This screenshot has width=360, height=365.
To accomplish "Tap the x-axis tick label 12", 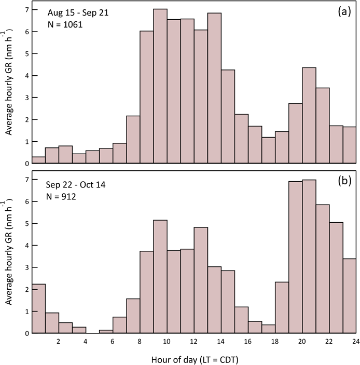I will tap(193, 341).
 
